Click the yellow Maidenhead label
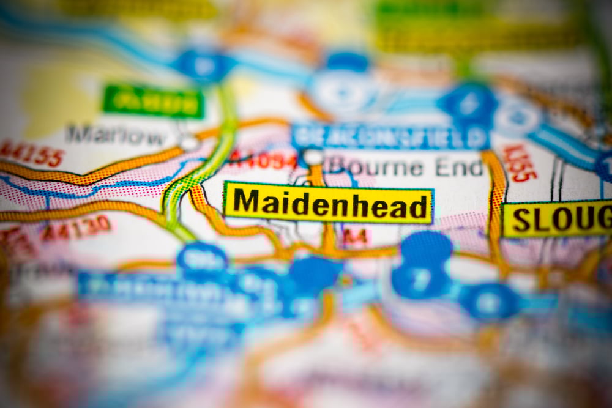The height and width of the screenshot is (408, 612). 329,202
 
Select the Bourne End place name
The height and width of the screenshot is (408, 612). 405,166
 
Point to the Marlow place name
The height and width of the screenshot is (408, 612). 116,135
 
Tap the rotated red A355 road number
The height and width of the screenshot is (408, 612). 520,163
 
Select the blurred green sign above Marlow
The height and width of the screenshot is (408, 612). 153,102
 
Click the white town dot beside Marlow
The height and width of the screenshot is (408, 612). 189,143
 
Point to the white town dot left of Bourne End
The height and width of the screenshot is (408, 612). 313,157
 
